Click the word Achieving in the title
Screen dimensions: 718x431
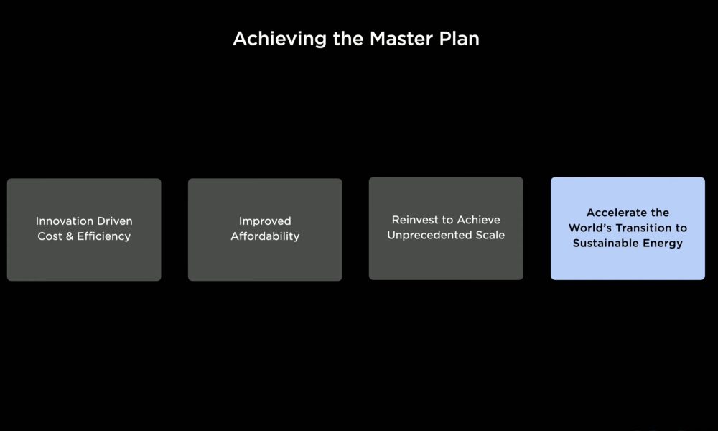point(279,40)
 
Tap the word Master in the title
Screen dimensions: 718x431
point(401,39)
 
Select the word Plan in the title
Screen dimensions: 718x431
point(460,39)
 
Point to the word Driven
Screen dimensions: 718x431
point(111,221)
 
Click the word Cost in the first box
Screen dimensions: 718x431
point(50,236)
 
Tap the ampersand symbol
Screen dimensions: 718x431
point(70,236)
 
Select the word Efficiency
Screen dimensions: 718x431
point(104,237)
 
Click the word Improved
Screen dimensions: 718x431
point(265,222)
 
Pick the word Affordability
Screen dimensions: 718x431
point(265,237)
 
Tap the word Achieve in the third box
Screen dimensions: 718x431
point(478,220)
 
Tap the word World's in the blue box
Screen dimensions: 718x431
point(589,228)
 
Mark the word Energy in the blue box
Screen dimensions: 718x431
point(663,244)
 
